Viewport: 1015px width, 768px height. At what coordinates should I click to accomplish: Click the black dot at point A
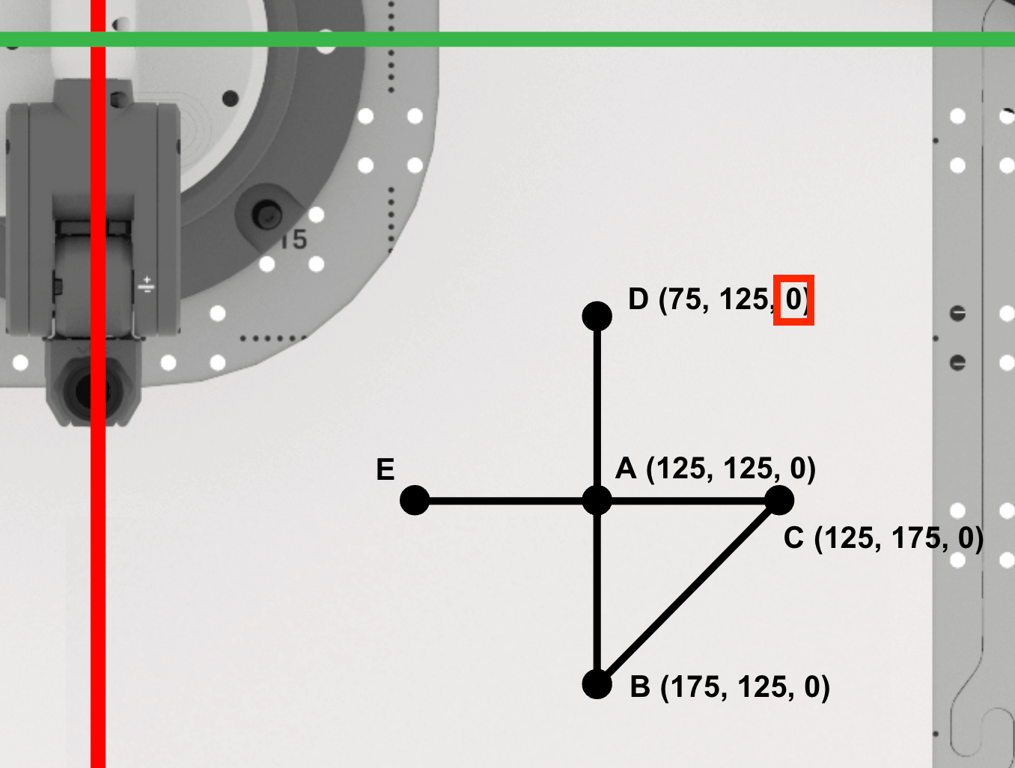597,500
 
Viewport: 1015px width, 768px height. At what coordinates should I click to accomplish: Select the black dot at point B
597,683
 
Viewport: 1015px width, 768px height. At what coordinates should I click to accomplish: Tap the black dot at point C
779,500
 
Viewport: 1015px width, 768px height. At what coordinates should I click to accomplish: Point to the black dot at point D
597,316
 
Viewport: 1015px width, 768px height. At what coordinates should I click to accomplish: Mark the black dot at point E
415,500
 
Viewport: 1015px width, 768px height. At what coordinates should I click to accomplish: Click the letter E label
385,469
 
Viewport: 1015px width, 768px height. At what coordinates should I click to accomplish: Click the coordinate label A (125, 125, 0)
715,469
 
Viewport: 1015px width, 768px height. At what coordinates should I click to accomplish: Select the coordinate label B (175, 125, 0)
730,686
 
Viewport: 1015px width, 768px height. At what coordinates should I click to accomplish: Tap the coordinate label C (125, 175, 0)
883,538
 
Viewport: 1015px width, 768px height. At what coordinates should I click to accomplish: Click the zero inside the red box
793,299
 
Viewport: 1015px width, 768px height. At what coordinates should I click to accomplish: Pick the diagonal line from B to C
689,591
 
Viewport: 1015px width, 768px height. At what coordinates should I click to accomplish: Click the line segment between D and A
597,408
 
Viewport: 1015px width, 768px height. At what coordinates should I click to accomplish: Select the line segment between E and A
505,500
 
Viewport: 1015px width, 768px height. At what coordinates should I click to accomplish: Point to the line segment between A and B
597,591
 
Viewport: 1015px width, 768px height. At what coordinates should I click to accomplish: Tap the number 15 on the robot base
294,240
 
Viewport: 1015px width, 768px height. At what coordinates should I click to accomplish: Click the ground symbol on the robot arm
147,284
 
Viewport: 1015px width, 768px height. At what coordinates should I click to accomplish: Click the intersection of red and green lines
98,39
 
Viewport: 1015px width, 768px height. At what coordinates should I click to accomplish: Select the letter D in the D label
638,299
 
